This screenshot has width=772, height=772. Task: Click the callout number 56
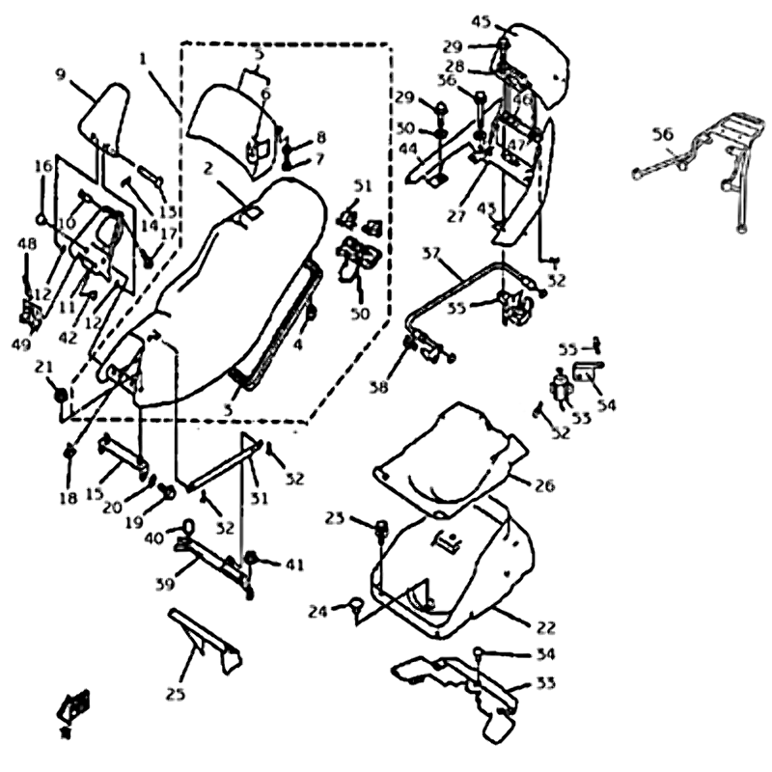tap(661, 135)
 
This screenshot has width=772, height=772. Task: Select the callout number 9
tap(60, 73)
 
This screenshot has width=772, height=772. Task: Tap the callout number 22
tap(545, 627)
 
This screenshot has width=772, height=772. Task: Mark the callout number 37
tap(431, 253)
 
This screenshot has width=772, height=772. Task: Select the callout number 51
tap(362, 185)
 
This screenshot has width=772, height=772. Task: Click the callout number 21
tap(43, 367)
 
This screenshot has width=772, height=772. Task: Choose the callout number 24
tap(319, 611)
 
